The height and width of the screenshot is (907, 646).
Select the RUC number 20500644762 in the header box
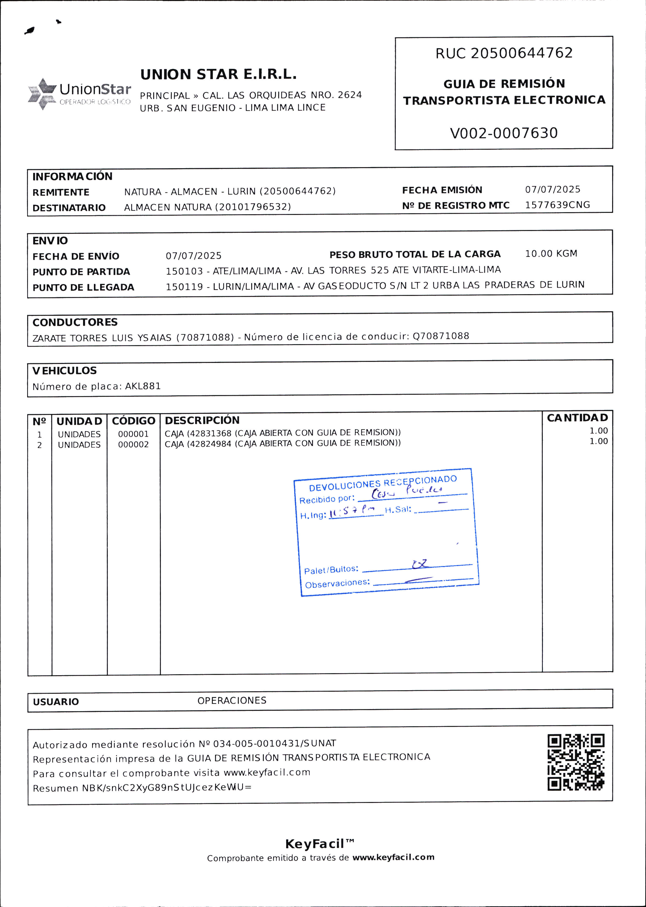tap(522, 53)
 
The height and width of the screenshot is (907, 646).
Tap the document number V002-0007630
tap(504, 133)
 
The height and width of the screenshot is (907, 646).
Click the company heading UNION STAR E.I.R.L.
tap(218, 75)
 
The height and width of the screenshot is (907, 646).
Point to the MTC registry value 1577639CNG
tap(557, 205)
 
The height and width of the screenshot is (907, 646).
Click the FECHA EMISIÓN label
tap(442, 190)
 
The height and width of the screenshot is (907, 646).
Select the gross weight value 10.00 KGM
tap(551, 254)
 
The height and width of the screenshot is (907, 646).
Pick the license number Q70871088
tap(441, 336)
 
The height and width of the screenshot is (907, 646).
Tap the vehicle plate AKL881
tap(143, 386)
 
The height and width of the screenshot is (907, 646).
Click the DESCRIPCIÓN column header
tap(202, 420)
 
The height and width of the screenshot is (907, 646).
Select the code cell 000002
tap(133, 445)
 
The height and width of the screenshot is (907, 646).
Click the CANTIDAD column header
tap(577, 418)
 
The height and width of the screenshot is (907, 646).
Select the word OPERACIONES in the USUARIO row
tap(232, 701)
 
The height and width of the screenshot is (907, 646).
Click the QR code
tap(576, 762)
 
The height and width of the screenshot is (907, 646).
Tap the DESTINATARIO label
tap(69, 208)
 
